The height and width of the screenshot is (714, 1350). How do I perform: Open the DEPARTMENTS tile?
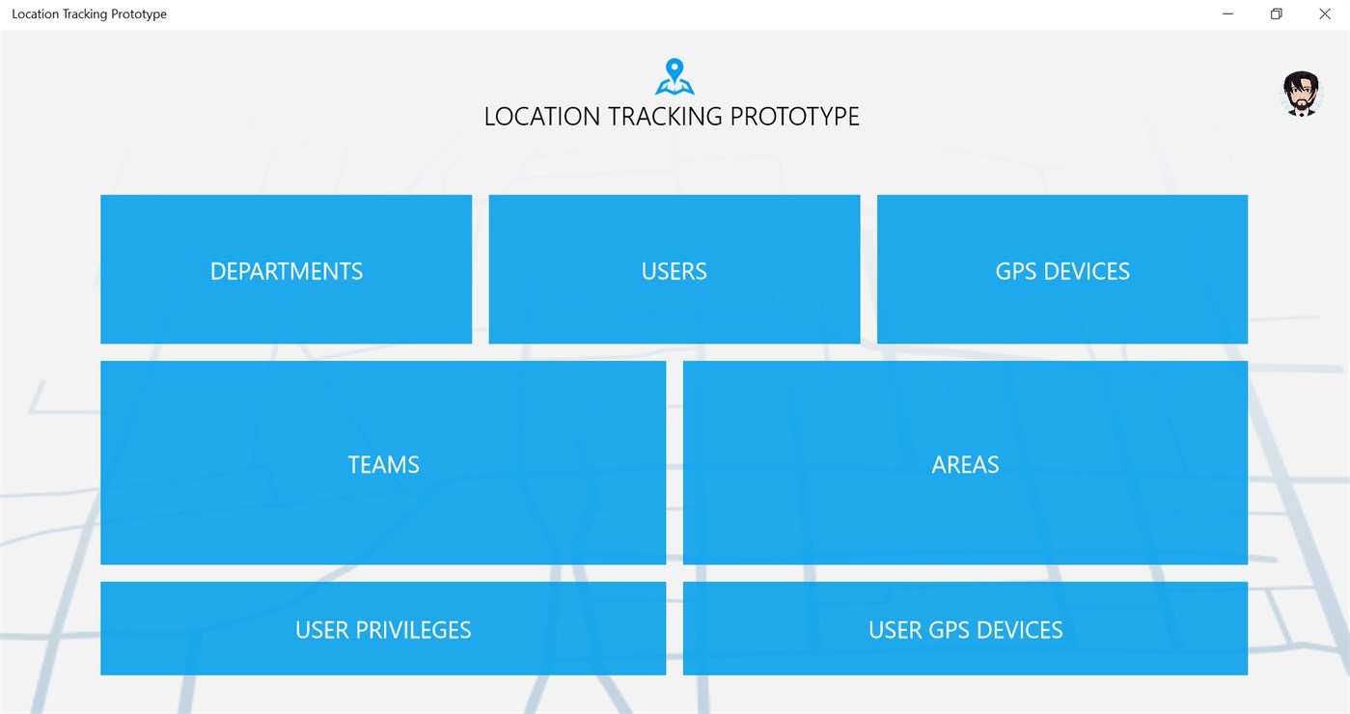click(x=287, y=269)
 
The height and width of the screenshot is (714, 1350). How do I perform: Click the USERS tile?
click(x=675, y=269)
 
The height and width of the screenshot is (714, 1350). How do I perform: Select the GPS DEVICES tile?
click(x=1061, y=269)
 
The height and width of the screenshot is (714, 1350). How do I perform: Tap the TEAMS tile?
click(x=383, y=463)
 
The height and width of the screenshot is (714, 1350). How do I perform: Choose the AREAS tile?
click(x=965, y=463)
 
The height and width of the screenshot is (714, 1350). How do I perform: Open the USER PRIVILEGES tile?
click(x=383, y=628)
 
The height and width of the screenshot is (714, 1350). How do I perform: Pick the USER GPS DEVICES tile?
click(x=965, y=628)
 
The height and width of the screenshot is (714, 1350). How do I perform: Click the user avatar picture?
click(x=1301, y=94)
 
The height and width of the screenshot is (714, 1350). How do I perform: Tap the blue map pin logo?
click(x=675, y=76)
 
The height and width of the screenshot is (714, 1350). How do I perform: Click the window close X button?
click(x=1325, y=14)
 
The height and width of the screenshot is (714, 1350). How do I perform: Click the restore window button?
click(x=1277, y=14)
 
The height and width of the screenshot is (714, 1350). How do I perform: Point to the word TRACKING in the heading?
click(x=665, y=117)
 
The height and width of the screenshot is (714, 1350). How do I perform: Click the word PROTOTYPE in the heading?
click(x=794, y=117)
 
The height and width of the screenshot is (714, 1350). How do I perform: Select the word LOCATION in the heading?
click(x=542, y=117)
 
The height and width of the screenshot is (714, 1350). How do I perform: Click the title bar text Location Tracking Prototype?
click(x=89, y=14)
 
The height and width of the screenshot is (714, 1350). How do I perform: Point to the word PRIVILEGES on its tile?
click(x=413, y=630)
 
